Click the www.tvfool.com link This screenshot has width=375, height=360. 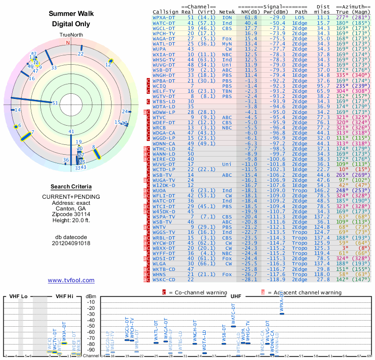click(71, 280)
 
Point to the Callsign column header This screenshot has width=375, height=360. click(166, 11)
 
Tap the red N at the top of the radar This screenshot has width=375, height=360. click(68, 43)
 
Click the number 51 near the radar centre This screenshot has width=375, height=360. click(55, 103)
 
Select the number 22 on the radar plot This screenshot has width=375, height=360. click(81, 54)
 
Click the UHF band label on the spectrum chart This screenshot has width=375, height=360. click(235, 296)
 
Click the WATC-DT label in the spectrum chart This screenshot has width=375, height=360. click(234, 315)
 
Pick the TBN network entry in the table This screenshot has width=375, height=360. click(227, 91)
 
